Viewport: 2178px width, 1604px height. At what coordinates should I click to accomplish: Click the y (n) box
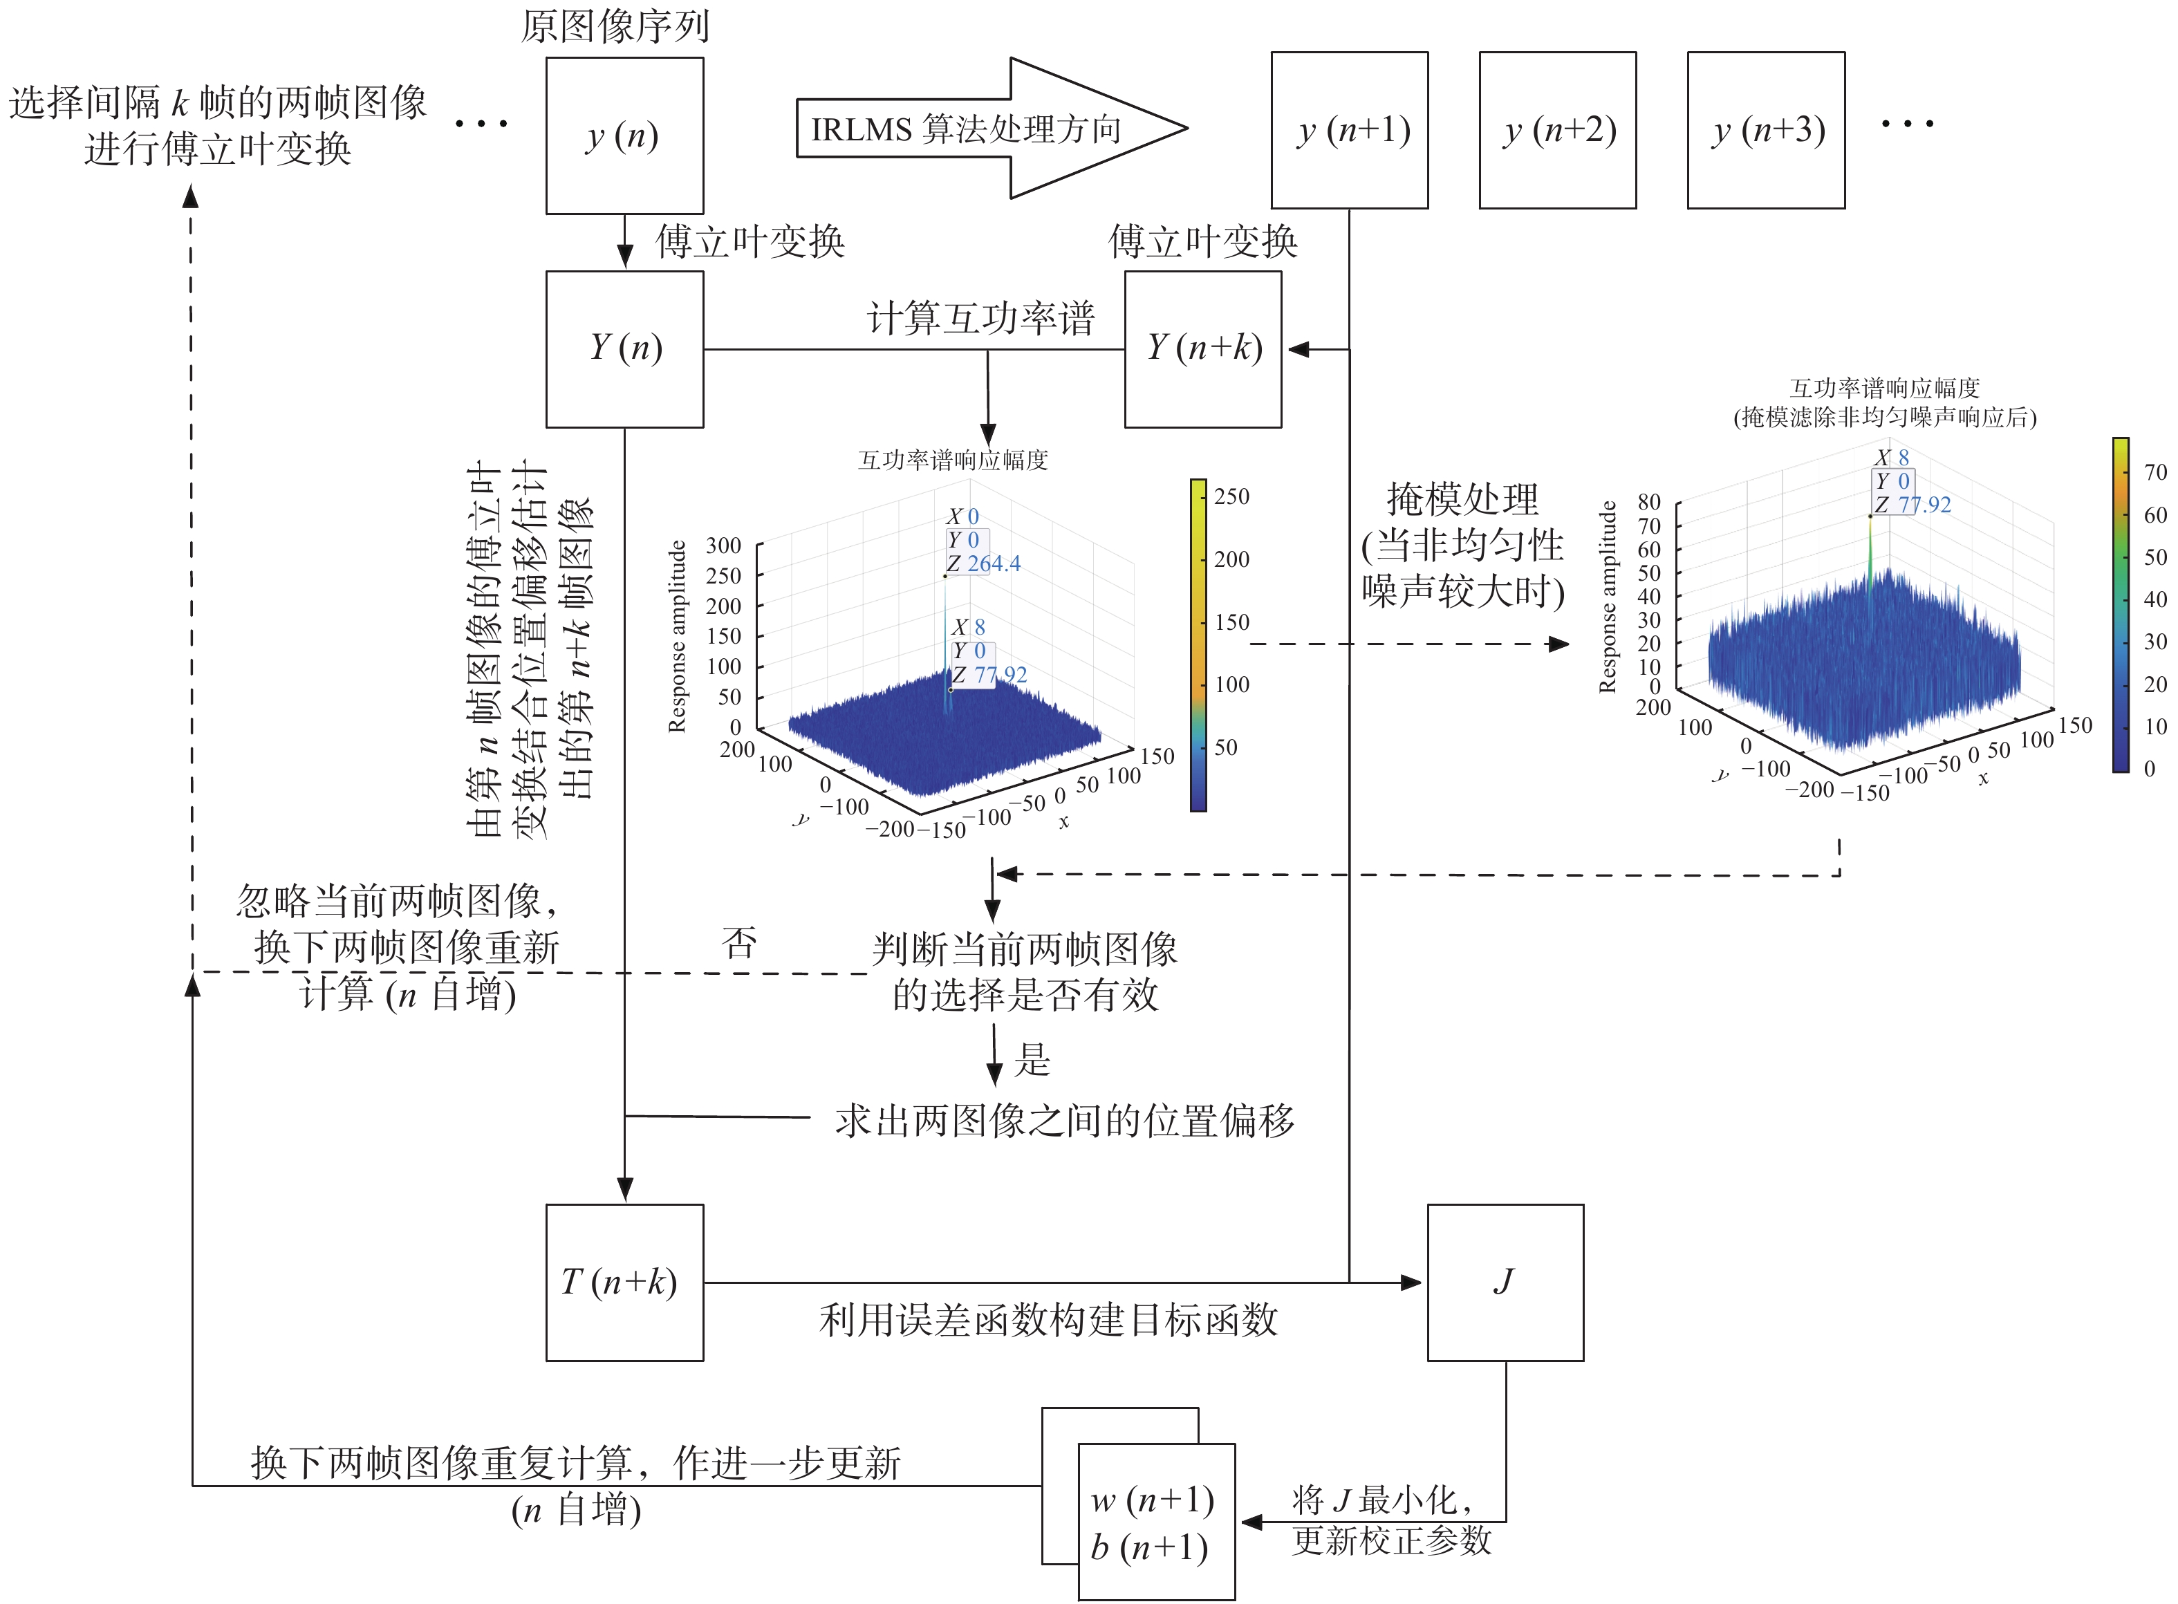pos(624,136)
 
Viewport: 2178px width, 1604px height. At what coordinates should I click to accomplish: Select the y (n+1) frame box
pos(1349,130)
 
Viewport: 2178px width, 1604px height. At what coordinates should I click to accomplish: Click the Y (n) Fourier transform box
pos(624,348)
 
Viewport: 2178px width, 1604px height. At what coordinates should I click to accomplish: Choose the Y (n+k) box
pos(1202,348)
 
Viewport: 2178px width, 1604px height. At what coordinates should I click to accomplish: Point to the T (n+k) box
pos(624,1282)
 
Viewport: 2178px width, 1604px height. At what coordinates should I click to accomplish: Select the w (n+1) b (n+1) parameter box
pos(1155,1522)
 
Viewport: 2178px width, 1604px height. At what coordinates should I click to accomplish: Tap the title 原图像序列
pos(615,26)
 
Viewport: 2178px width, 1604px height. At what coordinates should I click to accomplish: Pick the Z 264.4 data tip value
pos(992,563)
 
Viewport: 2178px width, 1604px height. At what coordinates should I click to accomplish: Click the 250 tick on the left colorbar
pos(1231,496)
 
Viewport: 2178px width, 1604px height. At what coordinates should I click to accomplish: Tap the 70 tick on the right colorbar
pos(2154,473)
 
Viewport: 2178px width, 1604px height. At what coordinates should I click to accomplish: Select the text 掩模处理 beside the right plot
pos(1462,499)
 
